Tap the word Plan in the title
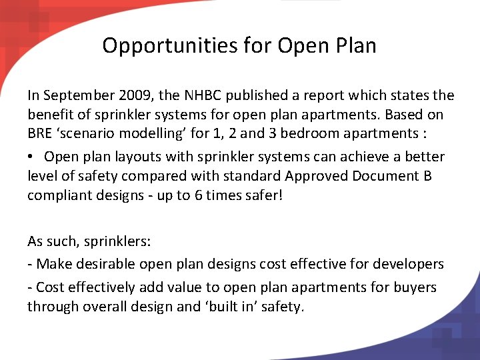[x=354, y=45]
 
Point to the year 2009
[x=132, y=95]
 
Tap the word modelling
[x=157, y=133]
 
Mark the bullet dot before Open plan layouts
[x=31, y=157]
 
